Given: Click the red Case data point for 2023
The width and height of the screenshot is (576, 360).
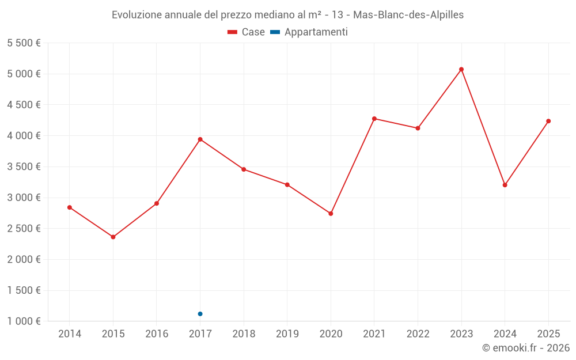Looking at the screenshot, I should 461,70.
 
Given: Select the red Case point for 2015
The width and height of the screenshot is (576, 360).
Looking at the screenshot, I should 113,237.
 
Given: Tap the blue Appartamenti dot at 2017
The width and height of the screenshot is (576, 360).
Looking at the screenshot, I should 200,314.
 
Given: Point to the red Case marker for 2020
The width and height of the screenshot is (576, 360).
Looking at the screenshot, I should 331,214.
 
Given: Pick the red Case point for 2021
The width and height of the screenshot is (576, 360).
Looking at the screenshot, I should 374,119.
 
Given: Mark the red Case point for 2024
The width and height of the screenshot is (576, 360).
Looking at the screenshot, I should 505,185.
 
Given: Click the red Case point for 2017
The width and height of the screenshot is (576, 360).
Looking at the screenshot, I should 200,139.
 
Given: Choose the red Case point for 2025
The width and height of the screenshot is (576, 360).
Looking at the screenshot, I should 548,121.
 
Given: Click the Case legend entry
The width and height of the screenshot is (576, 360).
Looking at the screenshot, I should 246,32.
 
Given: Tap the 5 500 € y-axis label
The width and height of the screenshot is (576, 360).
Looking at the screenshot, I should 24,43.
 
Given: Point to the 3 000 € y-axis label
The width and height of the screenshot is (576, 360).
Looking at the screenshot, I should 24,198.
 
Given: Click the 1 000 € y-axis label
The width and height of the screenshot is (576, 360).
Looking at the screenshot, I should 24,321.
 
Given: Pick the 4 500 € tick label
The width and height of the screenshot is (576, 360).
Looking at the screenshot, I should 24,105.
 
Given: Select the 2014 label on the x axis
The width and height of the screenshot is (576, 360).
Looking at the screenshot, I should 70,334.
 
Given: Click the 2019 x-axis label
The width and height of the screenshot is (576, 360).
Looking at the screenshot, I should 287,334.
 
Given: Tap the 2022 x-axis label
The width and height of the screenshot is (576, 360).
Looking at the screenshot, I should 418,334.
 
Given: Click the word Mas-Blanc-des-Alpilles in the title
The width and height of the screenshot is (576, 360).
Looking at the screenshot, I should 408,15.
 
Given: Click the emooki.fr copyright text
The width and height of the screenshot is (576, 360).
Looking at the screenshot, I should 526,348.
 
